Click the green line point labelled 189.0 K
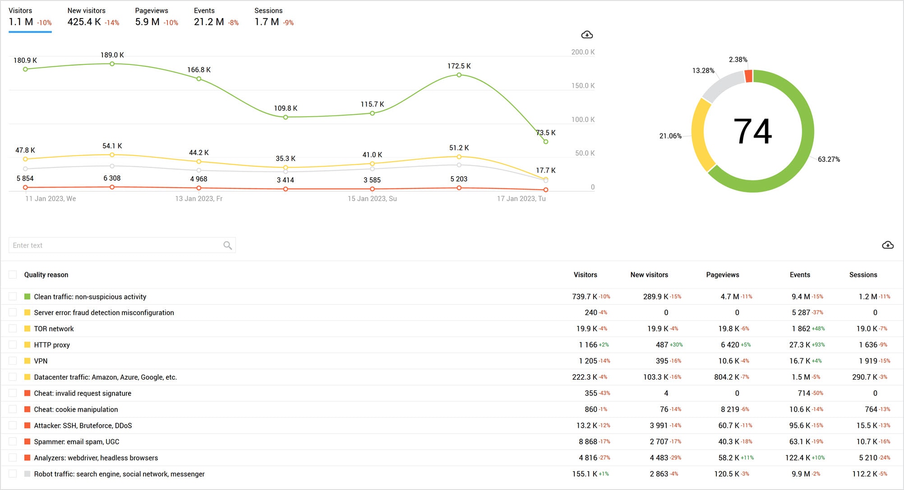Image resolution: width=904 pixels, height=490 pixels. (x=112, y=64)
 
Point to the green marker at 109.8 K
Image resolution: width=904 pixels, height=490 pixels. (x=286, y=117)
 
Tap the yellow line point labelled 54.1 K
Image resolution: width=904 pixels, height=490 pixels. (x=112, y=155)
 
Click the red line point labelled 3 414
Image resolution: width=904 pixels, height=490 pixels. (x=286, y=189)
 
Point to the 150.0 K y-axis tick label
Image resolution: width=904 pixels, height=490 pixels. (x=582, y=86)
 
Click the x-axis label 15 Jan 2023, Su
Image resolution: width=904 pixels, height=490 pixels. (x=372, y=199)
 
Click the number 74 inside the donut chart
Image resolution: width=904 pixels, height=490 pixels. (x=752, y=132)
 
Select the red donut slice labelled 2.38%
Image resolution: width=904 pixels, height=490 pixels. (x=748, y=76)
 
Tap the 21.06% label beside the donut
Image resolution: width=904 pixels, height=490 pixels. (x=670, y=136)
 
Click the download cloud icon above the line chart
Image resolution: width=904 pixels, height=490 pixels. (x=586, y=35)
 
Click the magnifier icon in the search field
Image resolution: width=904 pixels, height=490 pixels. (x=227, y=245)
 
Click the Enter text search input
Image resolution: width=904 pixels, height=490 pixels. (x=113, y=245)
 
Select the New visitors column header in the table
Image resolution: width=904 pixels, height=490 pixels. (x=649, y=275)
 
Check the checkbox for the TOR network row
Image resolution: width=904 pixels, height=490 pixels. (x=13, y=329)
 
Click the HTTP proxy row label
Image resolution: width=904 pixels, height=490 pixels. (x=52, y=345)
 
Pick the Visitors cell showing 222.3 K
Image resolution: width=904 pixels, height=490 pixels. (x=584, y=377)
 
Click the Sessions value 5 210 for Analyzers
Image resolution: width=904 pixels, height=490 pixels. (x=867, y=458)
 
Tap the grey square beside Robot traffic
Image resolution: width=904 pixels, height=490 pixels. (x=27, y=474)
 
